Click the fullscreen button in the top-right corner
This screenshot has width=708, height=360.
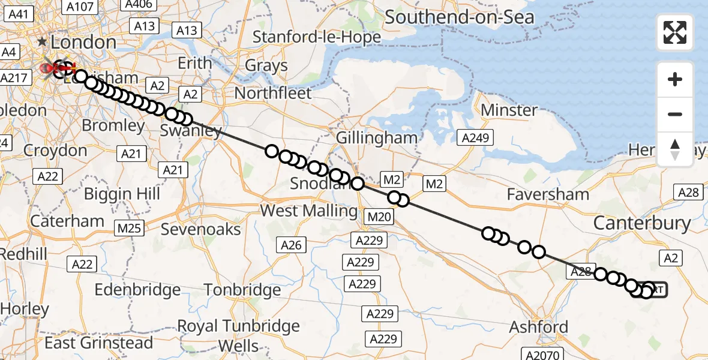click(675, 32)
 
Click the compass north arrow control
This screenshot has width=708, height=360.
click(675, 149)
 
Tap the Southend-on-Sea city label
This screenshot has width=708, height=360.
click(459, 17)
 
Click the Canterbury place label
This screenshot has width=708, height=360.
click(642, 223)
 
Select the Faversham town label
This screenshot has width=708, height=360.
click(548, 194)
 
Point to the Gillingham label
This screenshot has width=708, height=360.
click(376, 137)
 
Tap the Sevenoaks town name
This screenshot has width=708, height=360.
click(201, 229)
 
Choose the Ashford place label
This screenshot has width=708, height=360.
click(538, 327)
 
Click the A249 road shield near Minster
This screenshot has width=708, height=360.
click(477, 138)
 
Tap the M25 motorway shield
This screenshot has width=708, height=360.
click(129, 229)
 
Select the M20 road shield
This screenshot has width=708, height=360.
click(379, 217)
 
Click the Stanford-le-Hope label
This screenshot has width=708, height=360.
click(316, 37)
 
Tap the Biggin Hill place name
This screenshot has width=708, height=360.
click(122, 194)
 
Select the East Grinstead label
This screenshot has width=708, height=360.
click(99, 343)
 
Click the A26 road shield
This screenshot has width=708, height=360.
click(292, 244)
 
